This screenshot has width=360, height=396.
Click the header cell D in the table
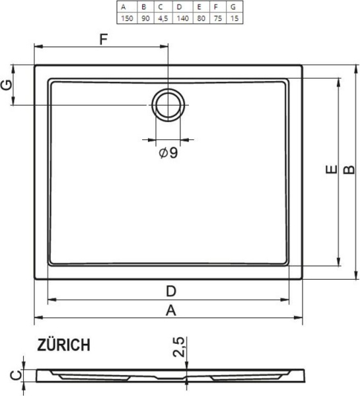[179, 7]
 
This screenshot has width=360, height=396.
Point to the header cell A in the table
[124, 7]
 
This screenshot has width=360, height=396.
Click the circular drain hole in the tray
[168, 104]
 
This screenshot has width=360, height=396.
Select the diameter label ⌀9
[168, 153]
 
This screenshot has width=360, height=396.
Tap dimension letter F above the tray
[103, 39]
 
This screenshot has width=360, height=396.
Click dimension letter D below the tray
[170, 291]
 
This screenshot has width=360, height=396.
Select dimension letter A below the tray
[170, 311]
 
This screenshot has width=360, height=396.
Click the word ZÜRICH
[64, 345]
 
